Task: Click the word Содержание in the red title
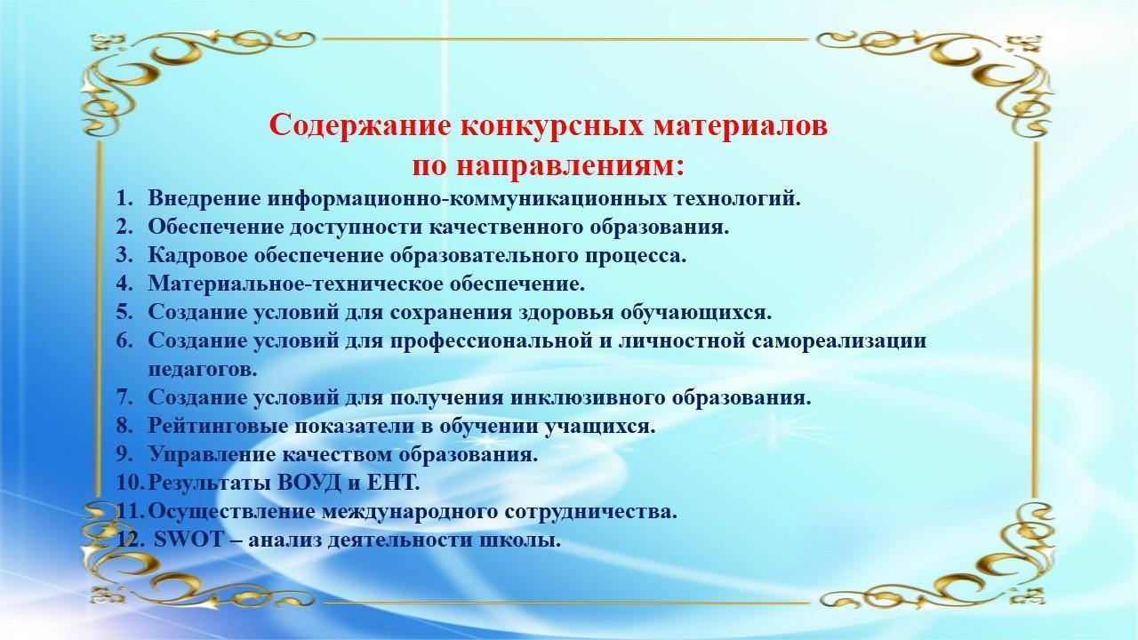coord(360,126)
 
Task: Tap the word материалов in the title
coord(741,126)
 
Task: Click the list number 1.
coord(124,198)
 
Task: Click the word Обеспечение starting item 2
coord(215,227)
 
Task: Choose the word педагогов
coord(203,369)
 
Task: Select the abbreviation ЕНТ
coord(390,483)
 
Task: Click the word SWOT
coord(188,540)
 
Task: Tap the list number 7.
coord(124,397)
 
